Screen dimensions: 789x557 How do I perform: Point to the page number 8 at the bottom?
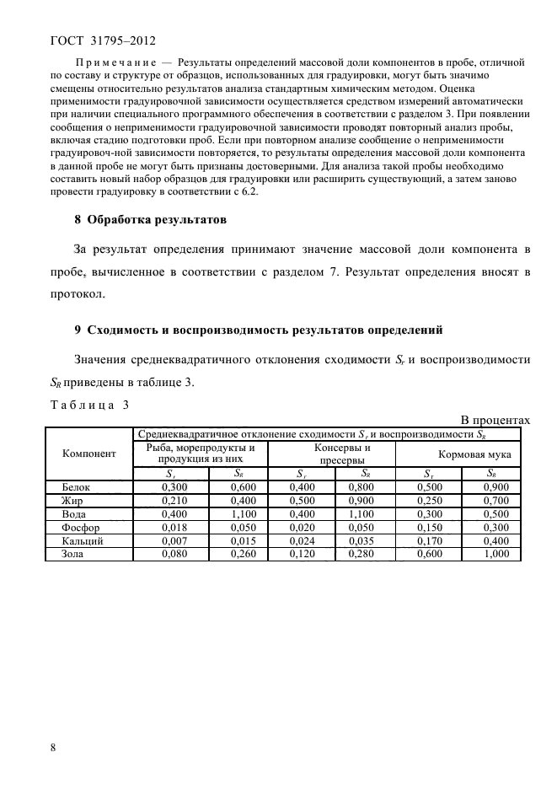pyautogui.click(x=53, y=747)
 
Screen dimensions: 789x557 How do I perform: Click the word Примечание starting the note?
pyautogui.click(x=114, y=63)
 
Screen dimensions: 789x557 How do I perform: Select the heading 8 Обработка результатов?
pyautogui.click(x=151, y=220)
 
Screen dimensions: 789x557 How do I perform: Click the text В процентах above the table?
pyautogui.click(x=494, y=420)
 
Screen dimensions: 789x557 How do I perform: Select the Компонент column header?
pyautogui.click(x=88, y=453)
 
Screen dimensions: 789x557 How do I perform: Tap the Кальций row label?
pyautogui.click(x=83, y=541)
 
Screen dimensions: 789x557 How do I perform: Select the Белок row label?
pyautogui.click(x=78, y=487)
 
